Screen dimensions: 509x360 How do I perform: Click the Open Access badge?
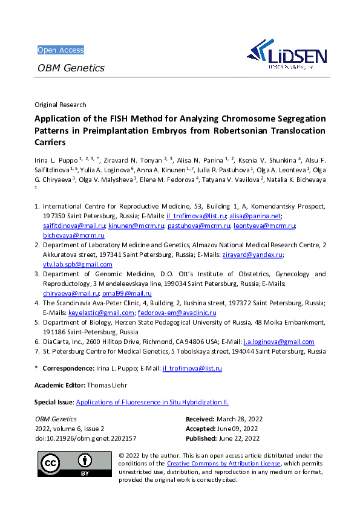[x=61, y=50]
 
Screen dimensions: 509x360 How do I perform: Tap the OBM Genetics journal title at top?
[x=71, y=68]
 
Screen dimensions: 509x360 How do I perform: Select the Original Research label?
[x=60, y=105]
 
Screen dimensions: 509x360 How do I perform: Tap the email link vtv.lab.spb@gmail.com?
[x=77, y=264]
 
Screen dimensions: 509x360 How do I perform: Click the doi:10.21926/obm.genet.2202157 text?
[x=85, y=438]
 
